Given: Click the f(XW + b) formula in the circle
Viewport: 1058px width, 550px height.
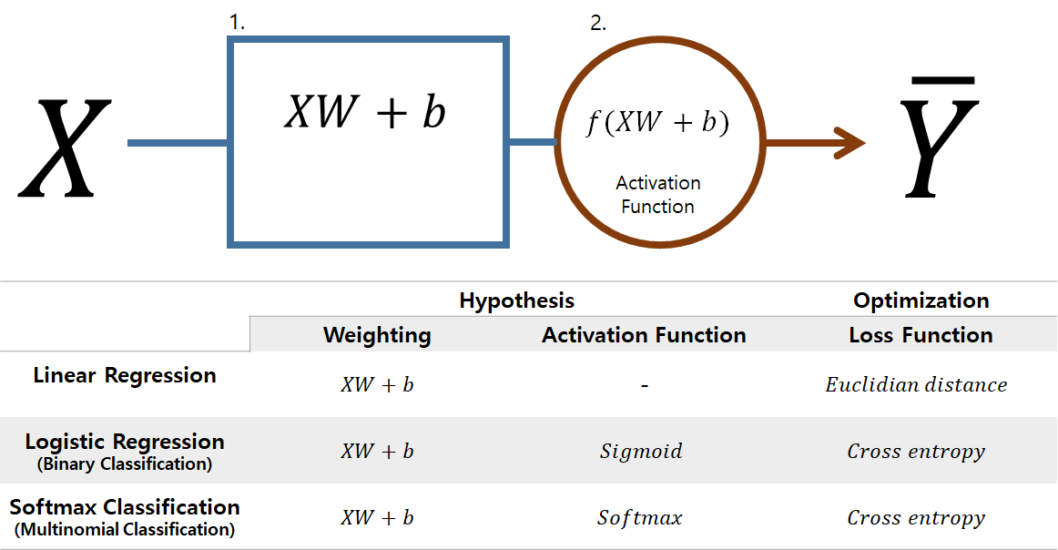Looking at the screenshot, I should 656,123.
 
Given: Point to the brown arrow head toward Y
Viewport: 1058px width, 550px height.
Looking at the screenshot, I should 851,142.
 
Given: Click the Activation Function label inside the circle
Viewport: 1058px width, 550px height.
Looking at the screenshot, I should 657,195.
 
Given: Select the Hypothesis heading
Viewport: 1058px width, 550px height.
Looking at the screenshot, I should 516,300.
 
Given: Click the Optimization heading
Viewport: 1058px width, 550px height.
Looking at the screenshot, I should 921,300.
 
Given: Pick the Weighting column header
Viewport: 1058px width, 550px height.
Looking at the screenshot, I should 377,335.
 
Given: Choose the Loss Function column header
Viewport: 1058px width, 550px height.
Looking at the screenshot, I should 921,335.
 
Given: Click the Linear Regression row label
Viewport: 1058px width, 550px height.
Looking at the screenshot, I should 125,375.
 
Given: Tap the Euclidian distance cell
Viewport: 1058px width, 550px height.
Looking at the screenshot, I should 916,385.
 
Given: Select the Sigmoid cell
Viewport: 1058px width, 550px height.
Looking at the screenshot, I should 641,451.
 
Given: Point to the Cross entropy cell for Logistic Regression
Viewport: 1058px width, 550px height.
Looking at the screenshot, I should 916,451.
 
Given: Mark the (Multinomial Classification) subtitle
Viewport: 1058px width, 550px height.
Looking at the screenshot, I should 125,529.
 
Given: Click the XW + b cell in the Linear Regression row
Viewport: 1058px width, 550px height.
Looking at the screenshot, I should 377,385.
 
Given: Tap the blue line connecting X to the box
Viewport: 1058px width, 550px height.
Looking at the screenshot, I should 178,143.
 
